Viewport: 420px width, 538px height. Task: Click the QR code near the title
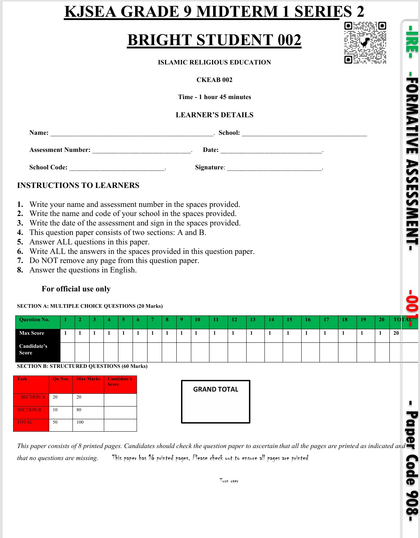point(365,43)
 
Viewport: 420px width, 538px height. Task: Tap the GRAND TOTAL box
point(216,402)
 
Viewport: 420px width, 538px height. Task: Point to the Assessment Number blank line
point(142,151)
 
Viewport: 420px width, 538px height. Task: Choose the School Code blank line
point(117,169)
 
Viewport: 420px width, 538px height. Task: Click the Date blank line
point(271,151)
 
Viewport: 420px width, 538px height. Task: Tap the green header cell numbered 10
point(197,320)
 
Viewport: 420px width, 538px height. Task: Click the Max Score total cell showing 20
point(396,333)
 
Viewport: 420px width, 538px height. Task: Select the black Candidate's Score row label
point(38,349)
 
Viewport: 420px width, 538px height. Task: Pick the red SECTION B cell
point(31,410)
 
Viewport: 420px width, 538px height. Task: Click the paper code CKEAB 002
point(214,80)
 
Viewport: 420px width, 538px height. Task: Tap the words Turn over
point(229,481)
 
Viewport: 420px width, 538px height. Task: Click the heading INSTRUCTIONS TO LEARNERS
point(78,185)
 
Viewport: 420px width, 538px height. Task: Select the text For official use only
point(76,289)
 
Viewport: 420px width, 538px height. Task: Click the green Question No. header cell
point(38,320)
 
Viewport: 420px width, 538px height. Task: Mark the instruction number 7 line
point(114,261)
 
